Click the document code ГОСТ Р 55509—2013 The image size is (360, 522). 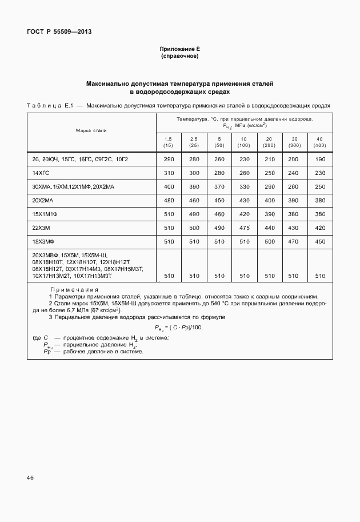tap(59, 32)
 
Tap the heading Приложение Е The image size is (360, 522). tap(179, 50)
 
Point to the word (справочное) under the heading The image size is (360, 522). tap(179, 57)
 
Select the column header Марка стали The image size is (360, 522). tap(91, 131)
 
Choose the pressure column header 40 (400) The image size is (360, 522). tap(319, 142)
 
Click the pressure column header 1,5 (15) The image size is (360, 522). tap(168, 142)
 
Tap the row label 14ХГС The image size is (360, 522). tap(42, 172)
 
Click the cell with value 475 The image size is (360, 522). tap(245, 227)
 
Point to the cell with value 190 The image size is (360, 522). tap(319, 158)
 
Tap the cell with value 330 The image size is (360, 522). tap(245, 186)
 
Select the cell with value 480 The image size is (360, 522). tap(168, 200)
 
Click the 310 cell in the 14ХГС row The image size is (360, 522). tap(168, 172)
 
